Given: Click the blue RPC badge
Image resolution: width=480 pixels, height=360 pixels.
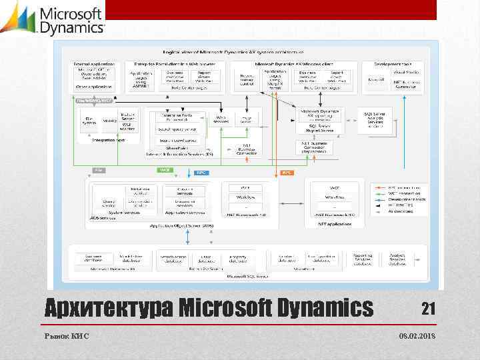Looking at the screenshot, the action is [x=201, y=172].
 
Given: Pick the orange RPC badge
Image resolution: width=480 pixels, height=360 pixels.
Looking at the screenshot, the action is [x=287, y=172].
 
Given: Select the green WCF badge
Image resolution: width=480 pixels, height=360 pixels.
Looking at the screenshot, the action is [x=165, y=170].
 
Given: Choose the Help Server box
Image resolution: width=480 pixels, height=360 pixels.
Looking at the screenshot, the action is [x=246, y=119].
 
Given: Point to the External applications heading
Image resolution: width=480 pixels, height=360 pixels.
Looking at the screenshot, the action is [x=94, y=63].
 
